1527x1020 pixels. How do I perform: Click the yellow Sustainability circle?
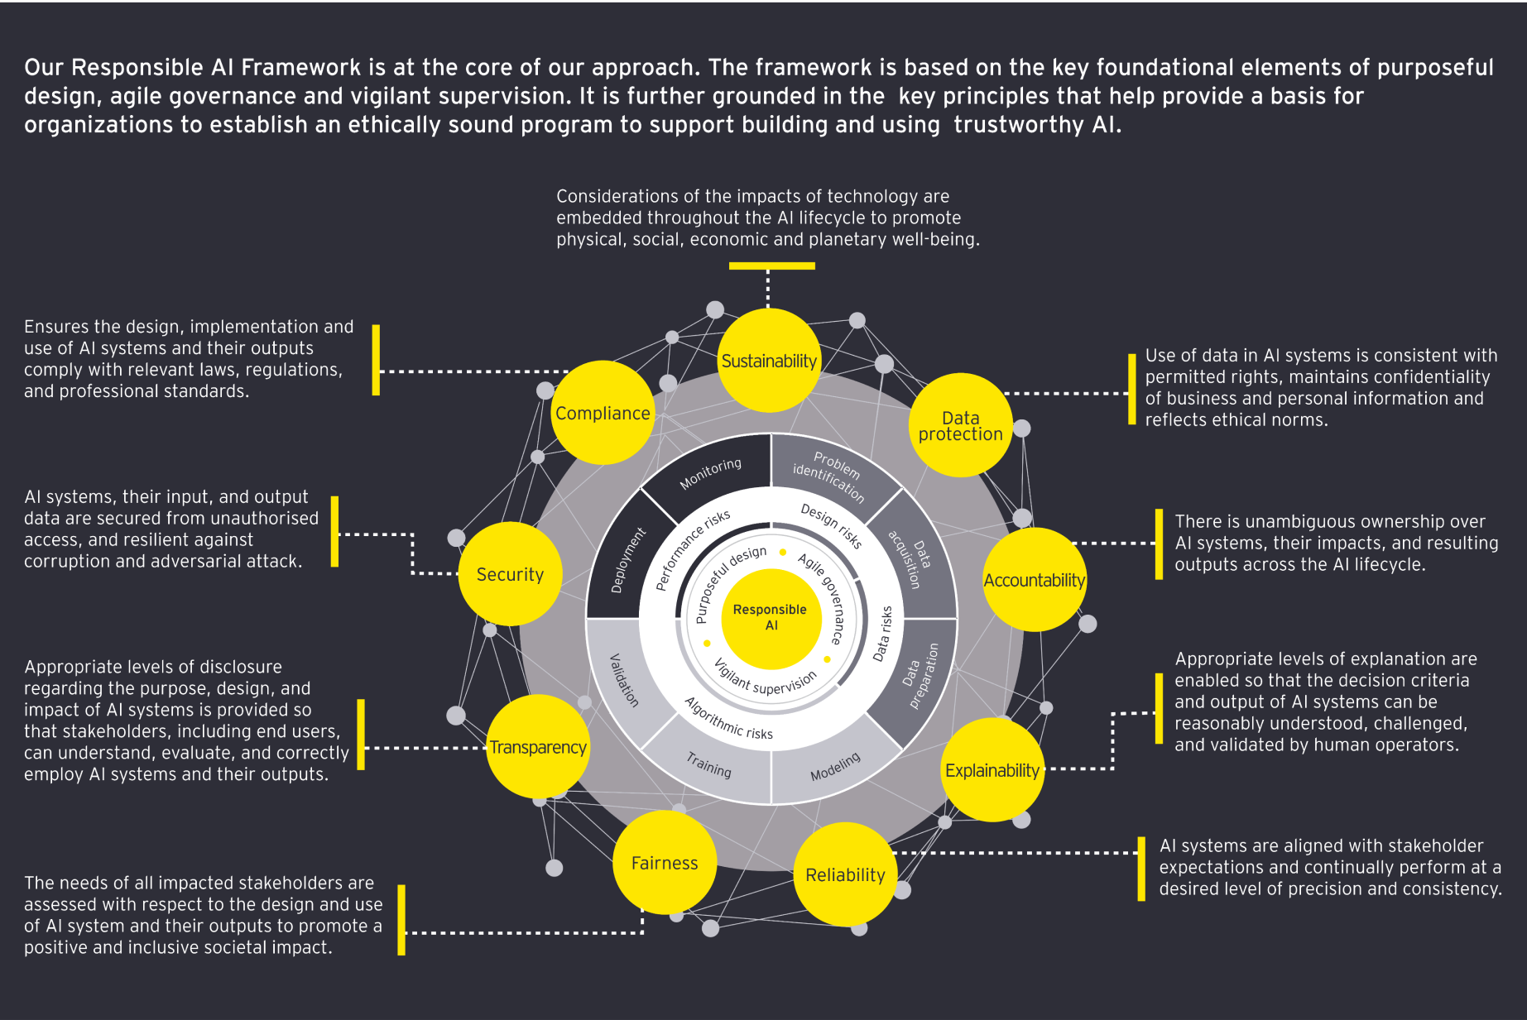click(x=769, y=361)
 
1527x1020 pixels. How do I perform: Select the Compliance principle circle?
click(x=603, y=413)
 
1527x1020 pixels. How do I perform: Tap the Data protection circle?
click(x=960, y=425)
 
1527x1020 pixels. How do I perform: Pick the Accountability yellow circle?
click(x=1034, y=580)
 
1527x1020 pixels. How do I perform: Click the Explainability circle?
click(x=992, y=770)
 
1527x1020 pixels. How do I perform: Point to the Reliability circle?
click(x=845, y=874)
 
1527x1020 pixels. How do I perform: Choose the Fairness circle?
click(x=665, y=863)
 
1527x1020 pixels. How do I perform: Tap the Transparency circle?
click(x=538, y=747)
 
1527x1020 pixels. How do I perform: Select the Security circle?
click(x=510, y=574)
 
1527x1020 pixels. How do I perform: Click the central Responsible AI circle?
click(x=771, y=618)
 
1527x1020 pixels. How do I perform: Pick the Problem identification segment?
click(x=829, y=476)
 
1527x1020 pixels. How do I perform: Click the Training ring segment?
click(x=708, y=765)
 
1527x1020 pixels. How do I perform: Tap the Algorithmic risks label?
click(x=728, y=718)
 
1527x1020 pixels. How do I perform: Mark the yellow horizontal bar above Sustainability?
click(x=771, y=266)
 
